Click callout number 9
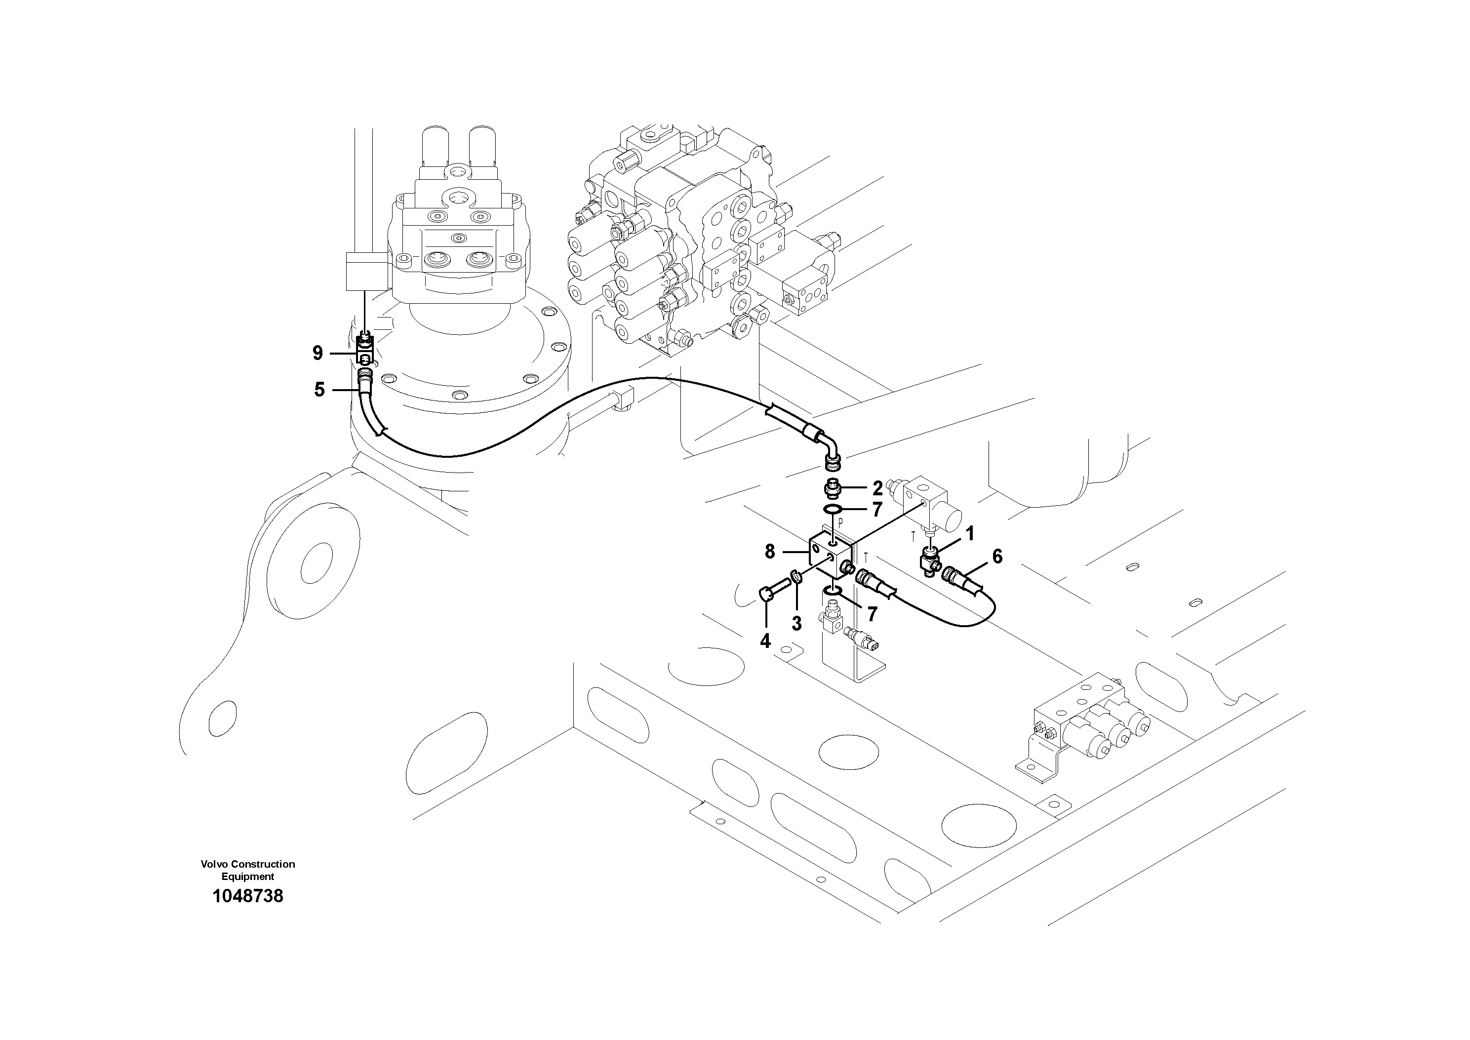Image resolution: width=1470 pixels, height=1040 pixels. point(318,353)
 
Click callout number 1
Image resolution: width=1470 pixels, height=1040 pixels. point(969,533)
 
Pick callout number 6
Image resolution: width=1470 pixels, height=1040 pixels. point(997,557)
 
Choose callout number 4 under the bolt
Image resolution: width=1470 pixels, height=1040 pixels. point(765,641)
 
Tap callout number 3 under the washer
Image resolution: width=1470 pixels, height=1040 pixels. point(796,624)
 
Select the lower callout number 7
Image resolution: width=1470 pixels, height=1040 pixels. point(872,614)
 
